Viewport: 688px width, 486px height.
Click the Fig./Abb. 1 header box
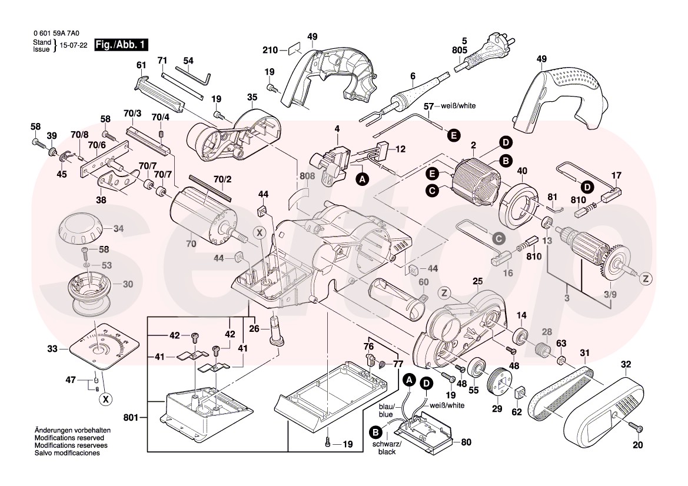pos(122,45)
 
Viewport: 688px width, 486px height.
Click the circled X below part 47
pos(106,399)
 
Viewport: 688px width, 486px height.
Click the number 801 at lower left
pos(131,418)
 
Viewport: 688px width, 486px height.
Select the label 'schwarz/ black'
pos(387,448)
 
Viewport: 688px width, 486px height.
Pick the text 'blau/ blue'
pos(386,411)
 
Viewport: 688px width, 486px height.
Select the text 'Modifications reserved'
pos(69,439)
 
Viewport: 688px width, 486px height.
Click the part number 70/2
pos(222,179)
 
